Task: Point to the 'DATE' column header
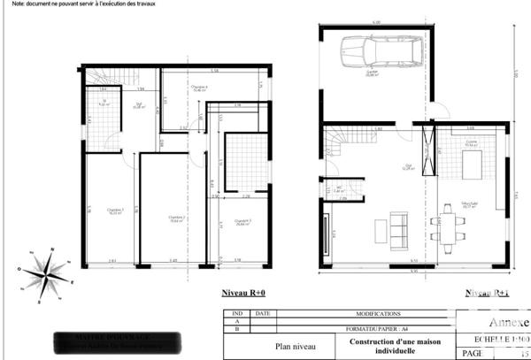262,313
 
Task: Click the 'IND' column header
236,313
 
